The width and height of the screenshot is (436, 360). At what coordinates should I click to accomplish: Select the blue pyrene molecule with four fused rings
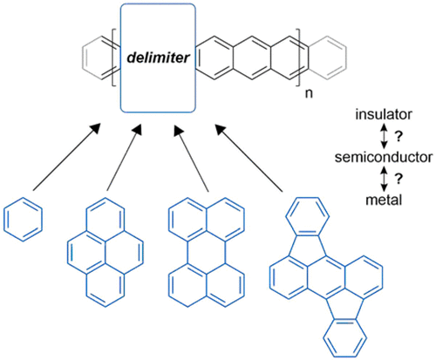coord(97,254)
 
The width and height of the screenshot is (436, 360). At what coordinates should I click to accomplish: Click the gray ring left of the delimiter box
coord(97,56)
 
